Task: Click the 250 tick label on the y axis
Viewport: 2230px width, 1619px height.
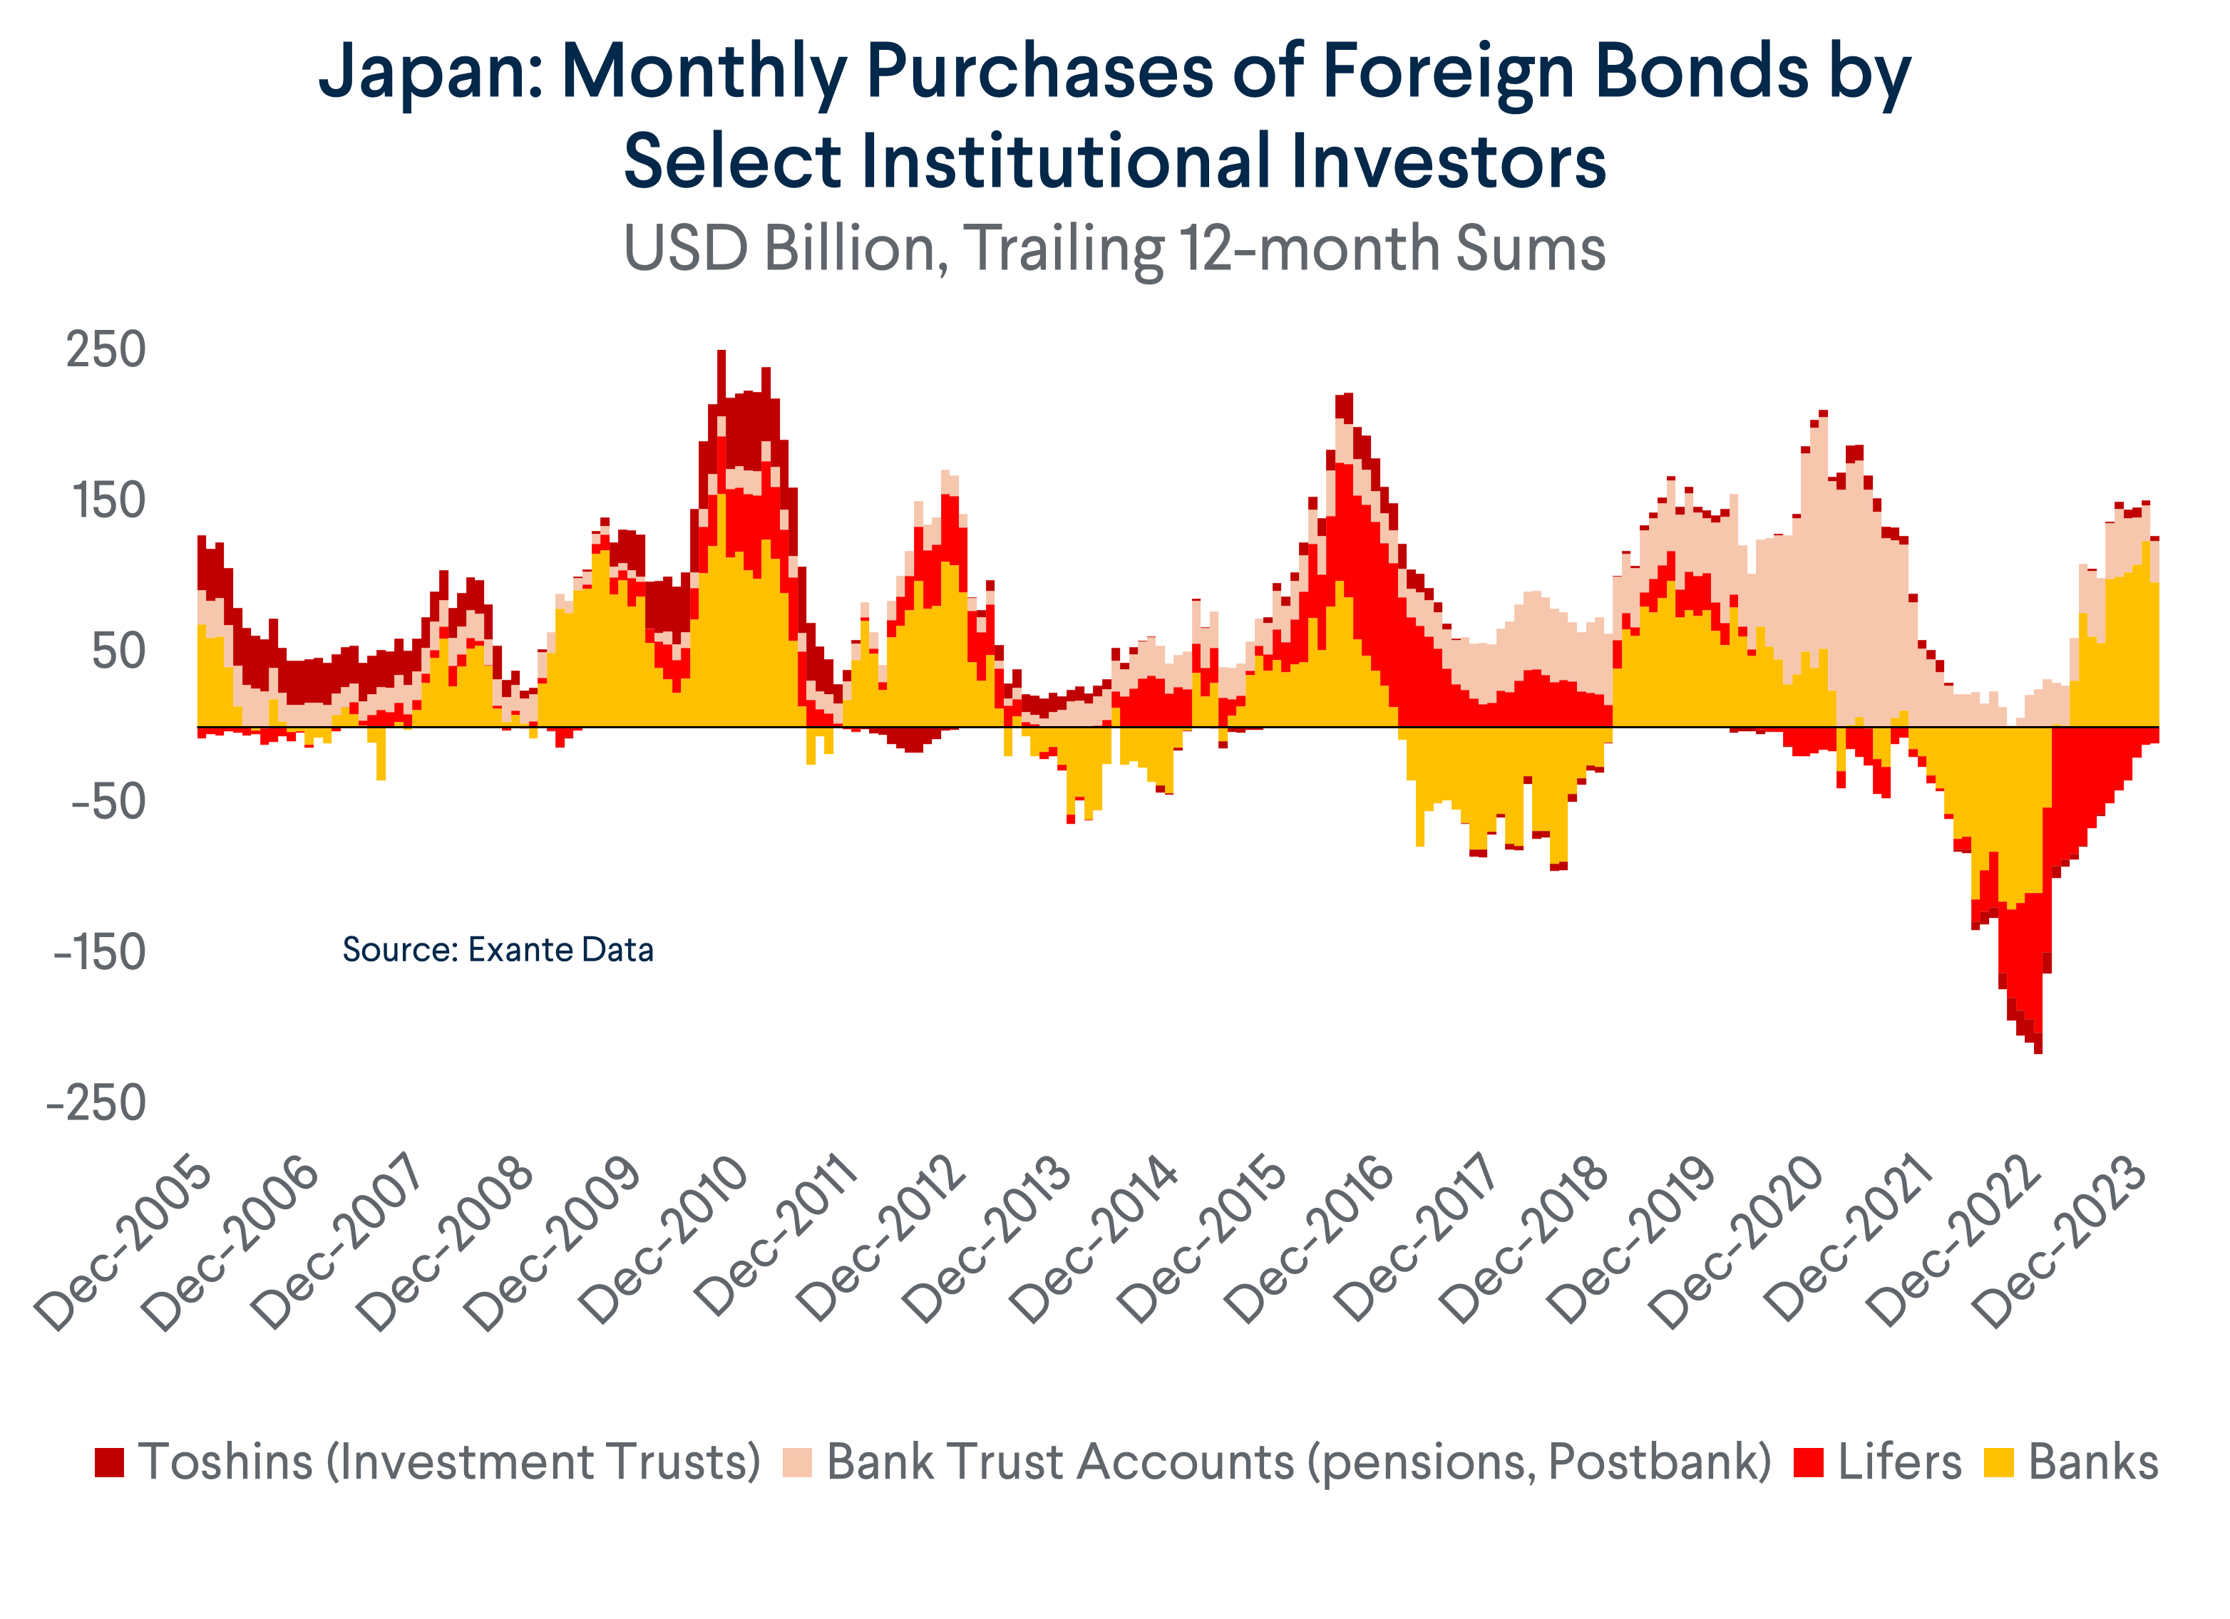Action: pyautogui.click(x=106, y=351)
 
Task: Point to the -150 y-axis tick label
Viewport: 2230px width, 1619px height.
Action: pyautogui.click(x=99, y=953)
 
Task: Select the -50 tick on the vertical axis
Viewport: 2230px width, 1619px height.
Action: pyautogui.click(x=108, y=803)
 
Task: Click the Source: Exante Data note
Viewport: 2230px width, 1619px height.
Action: pyautogui.click(x=498, y=951)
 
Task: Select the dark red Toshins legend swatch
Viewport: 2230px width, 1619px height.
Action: pyautogui.click(x=109, y=1463)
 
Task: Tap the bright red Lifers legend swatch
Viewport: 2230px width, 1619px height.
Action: pyautogui.click(x=1808, y=1463)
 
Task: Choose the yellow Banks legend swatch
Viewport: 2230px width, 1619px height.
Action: pyautogui.click(x=1998, y=1463)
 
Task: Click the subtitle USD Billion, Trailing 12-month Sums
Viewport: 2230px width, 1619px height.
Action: pyautogui.click(x=1114, y=249)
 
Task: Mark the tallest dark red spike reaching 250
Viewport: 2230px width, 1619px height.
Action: pyautogui.click(x=721, y=355)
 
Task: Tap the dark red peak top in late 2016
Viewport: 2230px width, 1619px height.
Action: pyautogui.click(x=1344, y=396)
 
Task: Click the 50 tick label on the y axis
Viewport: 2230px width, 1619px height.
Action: pyautogui.click(x=118, y=653)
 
